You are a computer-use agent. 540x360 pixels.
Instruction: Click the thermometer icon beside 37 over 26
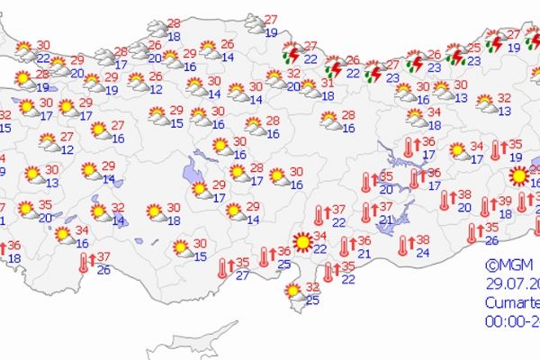84,262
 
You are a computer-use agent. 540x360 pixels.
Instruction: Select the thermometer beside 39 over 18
486,207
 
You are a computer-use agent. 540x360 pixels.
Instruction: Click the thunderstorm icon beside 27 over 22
291,53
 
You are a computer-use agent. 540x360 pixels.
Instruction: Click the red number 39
506,201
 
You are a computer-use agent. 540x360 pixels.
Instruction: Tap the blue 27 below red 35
242,274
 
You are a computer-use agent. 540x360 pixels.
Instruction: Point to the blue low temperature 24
423,252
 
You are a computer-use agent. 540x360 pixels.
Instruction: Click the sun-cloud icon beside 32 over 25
292,292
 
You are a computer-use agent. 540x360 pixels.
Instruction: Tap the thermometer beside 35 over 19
496,150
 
